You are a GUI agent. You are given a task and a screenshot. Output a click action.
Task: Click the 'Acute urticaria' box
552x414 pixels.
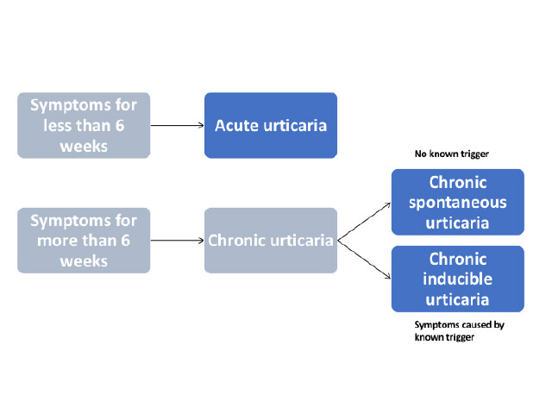(x=270, y=125)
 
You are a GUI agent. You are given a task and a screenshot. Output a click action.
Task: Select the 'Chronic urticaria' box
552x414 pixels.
(x=270, y=240)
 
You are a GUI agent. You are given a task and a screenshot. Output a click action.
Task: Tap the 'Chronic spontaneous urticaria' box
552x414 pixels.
(x=457, y=202)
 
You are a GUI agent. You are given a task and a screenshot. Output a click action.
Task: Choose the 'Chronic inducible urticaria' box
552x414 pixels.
(x=457, y=279)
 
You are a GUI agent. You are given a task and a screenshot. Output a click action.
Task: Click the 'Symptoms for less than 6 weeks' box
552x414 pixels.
(x=84, y=125)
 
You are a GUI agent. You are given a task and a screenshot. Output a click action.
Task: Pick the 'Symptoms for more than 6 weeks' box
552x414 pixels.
(x=84, y=240)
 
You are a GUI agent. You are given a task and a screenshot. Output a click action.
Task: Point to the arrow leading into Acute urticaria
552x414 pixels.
(x=177, y=125)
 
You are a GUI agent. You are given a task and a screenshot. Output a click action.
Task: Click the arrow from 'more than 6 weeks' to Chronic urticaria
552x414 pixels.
(x=177, y=240)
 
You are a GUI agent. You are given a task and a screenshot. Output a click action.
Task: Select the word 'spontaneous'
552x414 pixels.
(x=458, y=203)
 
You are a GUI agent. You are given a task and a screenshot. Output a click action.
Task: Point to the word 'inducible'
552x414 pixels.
(x=457, y=279)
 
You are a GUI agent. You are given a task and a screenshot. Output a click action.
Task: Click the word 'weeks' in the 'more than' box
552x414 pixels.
(x=84, y=260)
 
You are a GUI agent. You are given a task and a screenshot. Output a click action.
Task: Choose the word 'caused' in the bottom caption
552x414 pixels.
(x=468, y=325)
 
